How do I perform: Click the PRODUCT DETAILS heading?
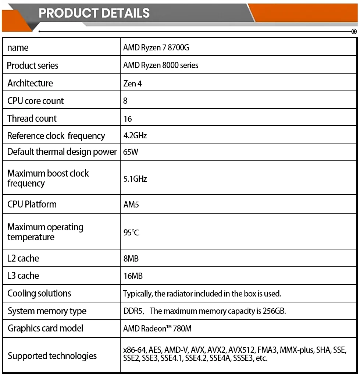[94, 13]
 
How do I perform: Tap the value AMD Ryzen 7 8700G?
[156, 48]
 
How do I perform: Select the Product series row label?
[33, 65]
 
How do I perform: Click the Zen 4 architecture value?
[132, 84]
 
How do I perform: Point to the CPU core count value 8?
[125, 101]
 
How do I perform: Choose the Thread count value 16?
[128, 119]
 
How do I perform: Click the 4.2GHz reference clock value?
[135, 136]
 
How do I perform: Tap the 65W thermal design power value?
[131, 152]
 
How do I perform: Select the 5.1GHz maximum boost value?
[135, 179]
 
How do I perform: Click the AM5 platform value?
[131, 205]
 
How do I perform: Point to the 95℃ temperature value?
[131, 233]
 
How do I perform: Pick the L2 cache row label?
[23, 258]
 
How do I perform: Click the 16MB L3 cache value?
[133, 276]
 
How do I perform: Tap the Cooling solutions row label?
[39, 293]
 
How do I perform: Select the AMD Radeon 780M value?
[157, 329]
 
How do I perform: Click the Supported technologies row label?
[52, 356]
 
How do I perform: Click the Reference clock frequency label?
[56, 136]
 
